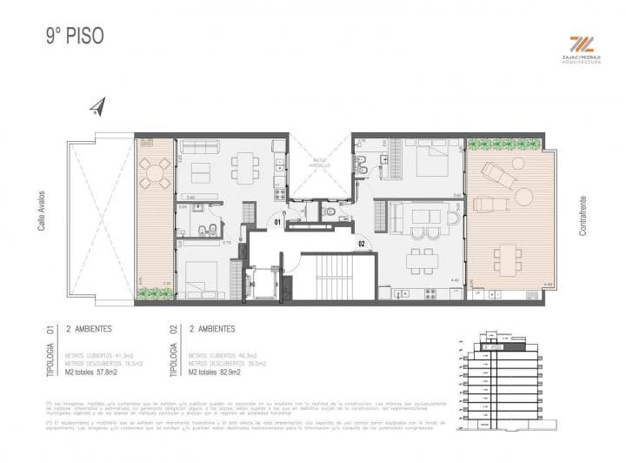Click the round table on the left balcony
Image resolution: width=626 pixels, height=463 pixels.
(x=156, y=172)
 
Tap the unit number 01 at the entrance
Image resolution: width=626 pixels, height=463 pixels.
(x=276, y=222)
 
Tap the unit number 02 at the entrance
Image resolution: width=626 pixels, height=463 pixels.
(x=362, y=245)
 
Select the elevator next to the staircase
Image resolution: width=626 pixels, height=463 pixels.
(x=263, y=282)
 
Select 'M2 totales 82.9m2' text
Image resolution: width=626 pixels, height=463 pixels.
(x=216, y=372)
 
